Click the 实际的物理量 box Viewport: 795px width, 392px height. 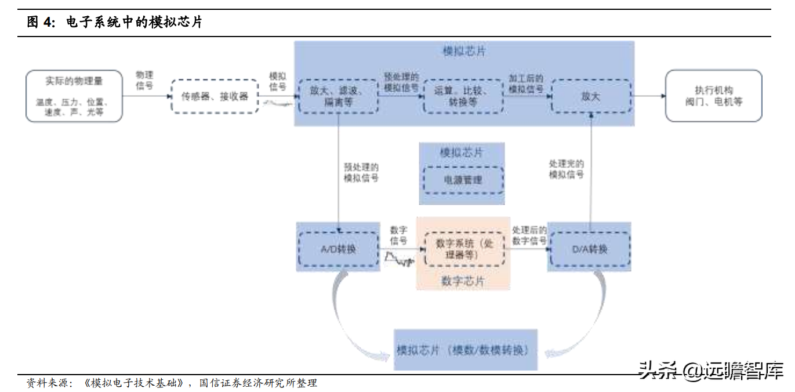[x=74, y=96]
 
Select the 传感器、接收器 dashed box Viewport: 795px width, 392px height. [x=215, y=96]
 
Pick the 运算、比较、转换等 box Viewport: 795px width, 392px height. [x=463, y=96]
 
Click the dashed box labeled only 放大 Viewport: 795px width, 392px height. [x=590, y=96]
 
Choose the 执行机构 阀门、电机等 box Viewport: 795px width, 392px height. [x=713, y=96]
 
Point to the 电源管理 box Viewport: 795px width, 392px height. [x=462, y=180]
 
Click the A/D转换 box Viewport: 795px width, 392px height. [x=338, y=249]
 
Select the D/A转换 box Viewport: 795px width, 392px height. [x=590, y=249]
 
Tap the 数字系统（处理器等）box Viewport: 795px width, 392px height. [x=463, y=249]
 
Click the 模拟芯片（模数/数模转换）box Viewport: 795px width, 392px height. [x=465, y=350]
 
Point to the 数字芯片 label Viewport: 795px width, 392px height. [x=463, y=281]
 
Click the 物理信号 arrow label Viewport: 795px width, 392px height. [x=144, y=80]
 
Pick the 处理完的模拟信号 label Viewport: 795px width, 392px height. [x=567, y=169]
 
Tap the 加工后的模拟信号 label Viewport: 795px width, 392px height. [x=526, y=84]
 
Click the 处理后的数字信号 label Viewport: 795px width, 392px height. [x=529, y=235]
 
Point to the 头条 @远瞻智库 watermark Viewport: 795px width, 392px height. [x=711, y=369]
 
